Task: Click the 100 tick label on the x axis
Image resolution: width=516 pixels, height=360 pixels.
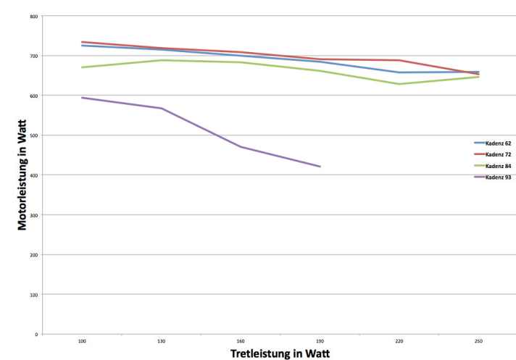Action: tap(82, 340)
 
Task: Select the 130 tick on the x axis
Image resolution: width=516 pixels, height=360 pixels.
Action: tap(161, 340)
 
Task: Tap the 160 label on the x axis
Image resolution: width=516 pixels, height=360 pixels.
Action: tap(241, 340)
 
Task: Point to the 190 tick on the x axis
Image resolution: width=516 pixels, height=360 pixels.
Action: tap(320, 340)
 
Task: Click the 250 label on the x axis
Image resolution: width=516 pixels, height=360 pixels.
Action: tap(478, 340)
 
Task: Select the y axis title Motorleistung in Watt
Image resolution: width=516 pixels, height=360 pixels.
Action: tap(24, 176)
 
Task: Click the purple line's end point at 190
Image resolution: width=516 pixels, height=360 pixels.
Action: tap(320, 167)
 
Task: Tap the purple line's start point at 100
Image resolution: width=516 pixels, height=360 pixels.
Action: tap(82, 98)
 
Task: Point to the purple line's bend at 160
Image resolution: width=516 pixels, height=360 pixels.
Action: tap(241, 147)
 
